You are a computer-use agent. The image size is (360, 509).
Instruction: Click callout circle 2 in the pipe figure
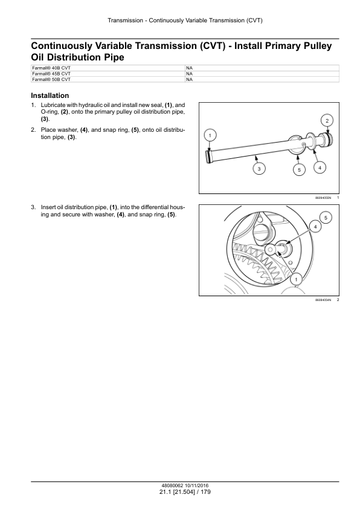[x=327, y=121]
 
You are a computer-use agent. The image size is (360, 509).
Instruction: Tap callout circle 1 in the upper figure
[x=210, y=135]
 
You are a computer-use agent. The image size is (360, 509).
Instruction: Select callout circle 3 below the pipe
[x=259, y=169]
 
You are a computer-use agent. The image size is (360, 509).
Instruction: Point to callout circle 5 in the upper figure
[x=299, y=170]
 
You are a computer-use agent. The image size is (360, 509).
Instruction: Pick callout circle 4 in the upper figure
[x=320, y=168]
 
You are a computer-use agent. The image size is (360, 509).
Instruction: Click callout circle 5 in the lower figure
[x=326, y=218]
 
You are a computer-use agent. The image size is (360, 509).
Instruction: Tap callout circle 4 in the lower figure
[x=315, y=227]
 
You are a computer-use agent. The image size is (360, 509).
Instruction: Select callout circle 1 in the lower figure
[x=296, y=279]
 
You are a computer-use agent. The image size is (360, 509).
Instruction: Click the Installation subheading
[x=50, y=96]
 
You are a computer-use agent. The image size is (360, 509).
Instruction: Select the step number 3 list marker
[x=33, y=207]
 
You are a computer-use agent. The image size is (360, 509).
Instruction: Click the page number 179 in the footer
[x=205, y=492]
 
